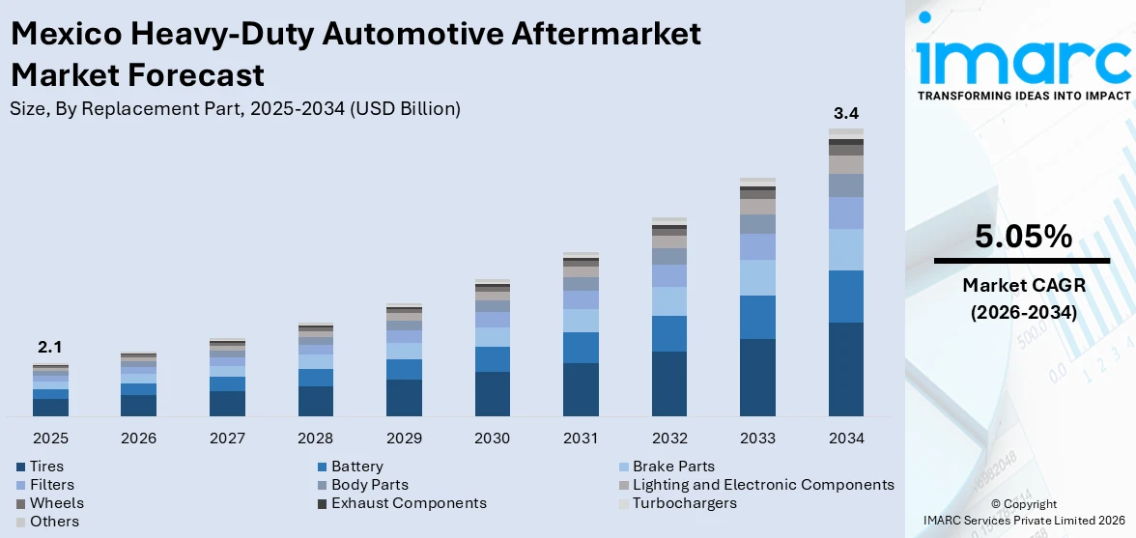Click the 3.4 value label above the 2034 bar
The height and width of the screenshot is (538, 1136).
846,113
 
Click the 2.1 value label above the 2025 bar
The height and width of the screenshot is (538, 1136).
50,348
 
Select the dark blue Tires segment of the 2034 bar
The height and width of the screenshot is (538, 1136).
846,369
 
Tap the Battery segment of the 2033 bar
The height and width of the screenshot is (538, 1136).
757,317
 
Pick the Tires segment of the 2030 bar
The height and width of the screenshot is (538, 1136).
492,394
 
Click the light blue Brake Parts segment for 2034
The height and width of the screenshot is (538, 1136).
846,249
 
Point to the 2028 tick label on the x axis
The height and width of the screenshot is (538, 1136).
315,439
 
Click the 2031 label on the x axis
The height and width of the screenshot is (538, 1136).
581,439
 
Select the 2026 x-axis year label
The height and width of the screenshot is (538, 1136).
138,439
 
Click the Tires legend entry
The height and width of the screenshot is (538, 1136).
46,467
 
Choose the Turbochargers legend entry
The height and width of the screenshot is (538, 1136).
684,503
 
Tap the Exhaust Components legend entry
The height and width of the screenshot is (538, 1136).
409,503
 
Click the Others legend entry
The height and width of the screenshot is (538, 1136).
54,522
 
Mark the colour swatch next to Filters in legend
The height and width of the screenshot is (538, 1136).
21,485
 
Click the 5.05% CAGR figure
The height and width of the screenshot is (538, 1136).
1023,237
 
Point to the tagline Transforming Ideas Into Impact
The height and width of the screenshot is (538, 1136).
1023,96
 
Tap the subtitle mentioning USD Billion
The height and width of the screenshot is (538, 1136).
235,109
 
